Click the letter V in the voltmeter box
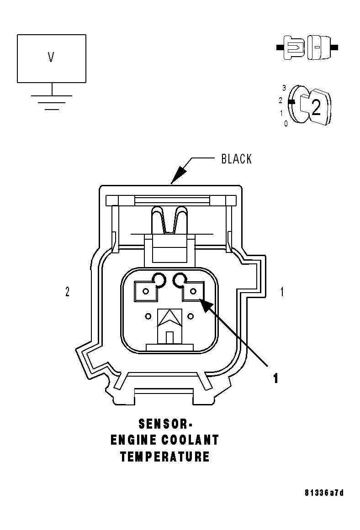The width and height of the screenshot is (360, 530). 51,58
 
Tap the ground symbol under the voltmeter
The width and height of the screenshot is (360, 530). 52,102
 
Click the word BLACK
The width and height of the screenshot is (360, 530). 236,159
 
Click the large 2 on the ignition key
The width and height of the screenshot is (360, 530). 316,106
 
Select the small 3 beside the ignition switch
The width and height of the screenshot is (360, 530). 284,87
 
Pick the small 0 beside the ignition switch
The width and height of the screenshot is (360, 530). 286,123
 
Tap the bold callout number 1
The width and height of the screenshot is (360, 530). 275,378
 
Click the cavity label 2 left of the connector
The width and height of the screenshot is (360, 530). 68,292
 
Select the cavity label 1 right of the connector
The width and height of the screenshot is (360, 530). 282,292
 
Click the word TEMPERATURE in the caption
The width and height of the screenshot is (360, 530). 165,457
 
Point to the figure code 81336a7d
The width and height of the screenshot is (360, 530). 324,493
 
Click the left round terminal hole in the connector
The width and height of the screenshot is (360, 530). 159,278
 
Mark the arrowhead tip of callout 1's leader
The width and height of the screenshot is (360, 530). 201,299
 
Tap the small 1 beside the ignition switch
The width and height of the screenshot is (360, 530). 281,113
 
